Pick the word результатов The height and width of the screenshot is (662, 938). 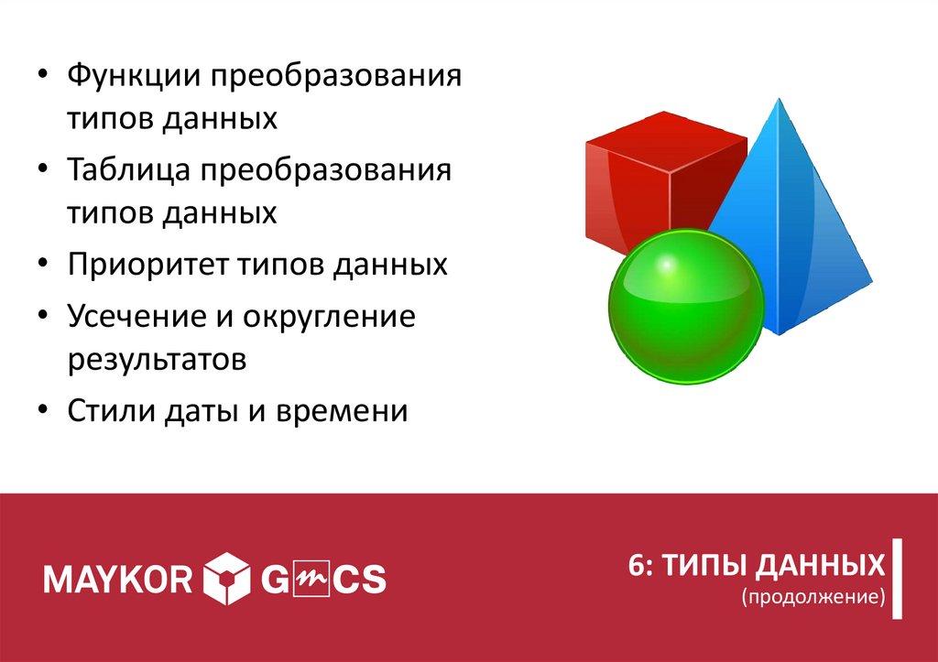157,359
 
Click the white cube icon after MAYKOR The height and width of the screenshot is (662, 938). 225,579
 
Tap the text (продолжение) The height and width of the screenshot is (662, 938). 813,597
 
